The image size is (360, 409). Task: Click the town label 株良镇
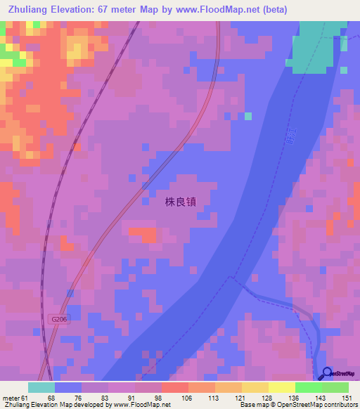(x=180, y=201)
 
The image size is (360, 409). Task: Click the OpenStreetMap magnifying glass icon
(x=328, y=374)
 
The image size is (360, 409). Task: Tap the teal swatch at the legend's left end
(x=41, y=387)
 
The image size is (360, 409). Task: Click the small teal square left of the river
(x=247, y=116)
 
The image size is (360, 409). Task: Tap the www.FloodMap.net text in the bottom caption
(x=136, y=405)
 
